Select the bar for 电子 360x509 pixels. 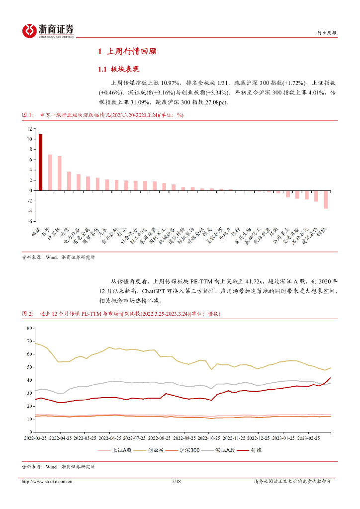coord(50,172)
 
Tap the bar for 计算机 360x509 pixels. coord(60,173)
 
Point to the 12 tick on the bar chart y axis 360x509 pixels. coord(30,128)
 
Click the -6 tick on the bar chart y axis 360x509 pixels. coord(30,221)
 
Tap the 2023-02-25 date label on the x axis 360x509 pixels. coord(310,439)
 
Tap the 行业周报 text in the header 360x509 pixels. coord(327,33)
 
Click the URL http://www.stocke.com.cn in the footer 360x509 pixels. coord(48,481)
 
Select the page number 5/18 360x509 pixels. coord(176,481)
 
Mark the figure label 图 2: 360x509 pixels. coord(27,314)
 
